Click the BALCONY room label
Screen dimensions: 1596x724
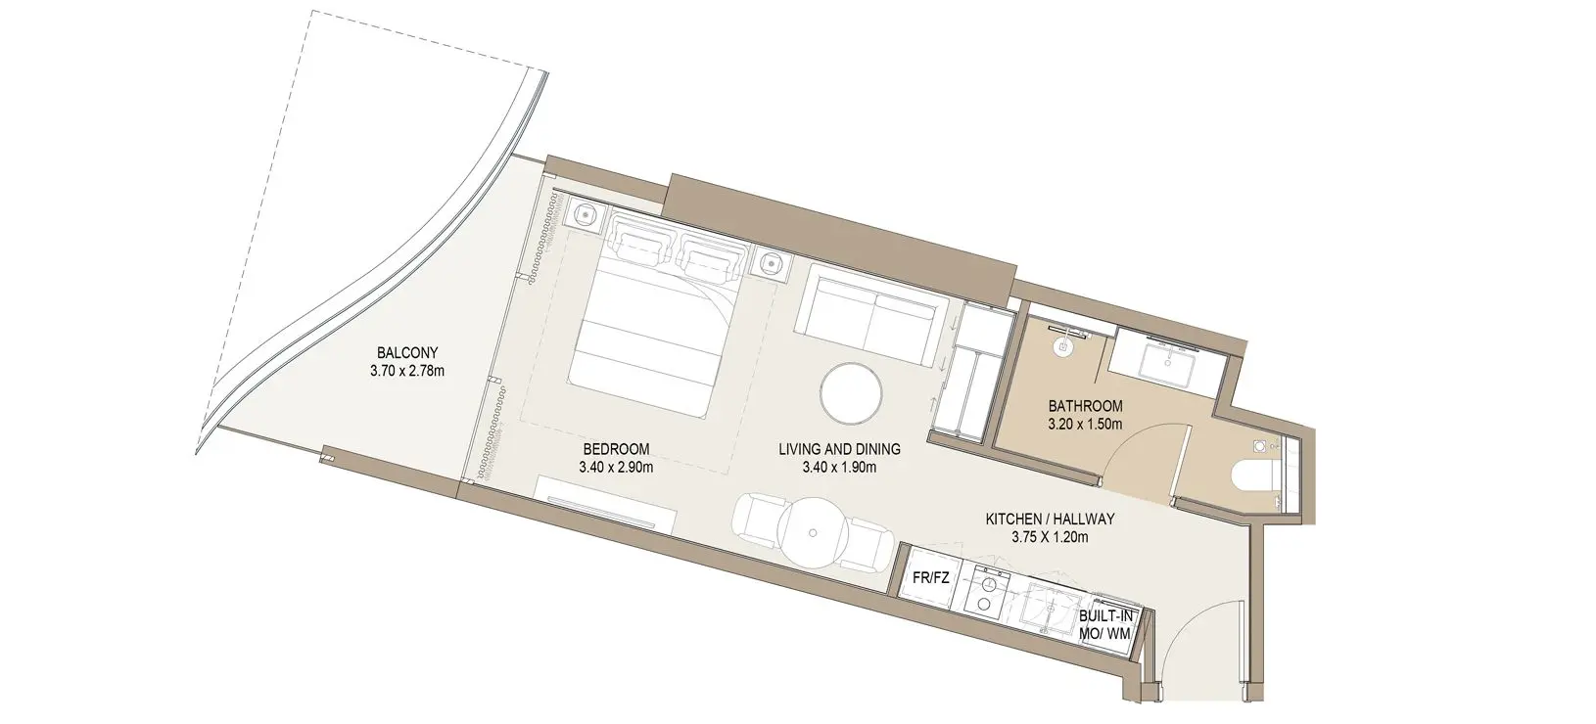[407, 353]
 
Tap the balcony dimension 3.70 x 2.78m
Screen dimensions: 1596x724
[407, 371]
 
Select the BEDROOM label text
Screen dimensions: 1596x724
[616, 449]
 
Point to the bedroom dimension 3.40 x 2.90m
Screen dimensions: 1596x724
[616, 468]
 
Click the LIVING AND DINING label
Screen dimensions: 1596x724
[839, 449]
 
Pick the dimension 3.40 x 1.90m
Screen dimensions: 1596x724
[839, 468]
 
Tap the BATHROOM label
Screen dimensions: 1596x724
[1085, 406]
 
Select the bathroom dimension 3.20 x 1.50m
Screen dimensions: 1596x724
[1085, 425]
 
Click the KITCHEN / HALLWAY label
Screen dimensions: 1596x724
[1051, 520]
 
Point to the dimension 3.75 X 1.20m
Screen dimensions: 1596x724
[1051, 537]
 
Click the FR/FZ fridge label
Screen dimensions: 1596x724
[930, 578]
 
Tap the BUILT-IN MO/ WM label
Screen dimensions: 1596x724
[1105, 624]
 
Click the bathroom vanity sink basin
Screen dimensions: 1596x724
[1167, 362]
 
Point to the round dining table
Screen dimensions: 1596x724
[813, 532]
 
